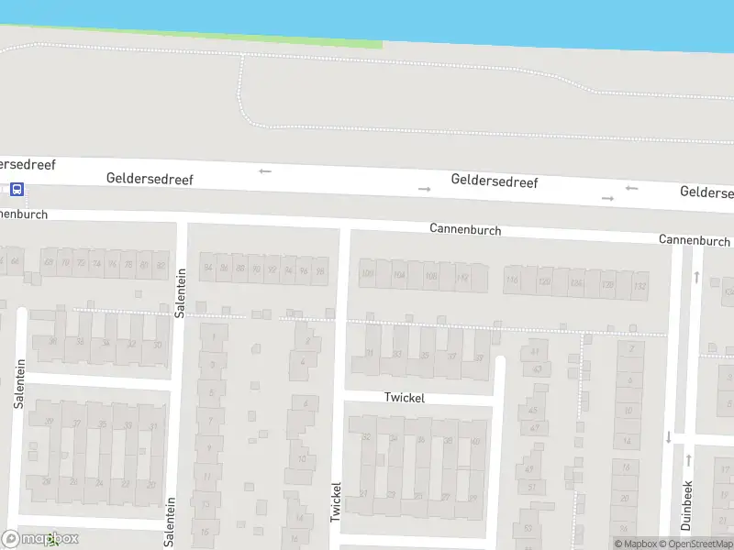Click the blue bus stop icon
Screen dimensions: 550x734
coord(17,190)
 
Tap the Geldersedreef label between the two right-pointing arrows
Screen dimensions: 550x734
coord(494,181)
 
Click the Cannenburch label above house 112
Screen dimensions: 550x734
coord(465,229)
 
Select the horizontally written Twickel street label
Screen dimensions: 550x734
coord(405,398)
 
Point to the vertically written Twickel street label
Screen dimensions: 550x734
coord(336,502)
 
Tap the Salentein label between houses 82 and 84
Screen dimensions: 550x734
coord(181,291)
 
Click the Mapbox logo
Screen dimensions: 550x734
coord(41,539)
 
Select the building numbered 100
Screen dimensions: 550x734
coord(368,273)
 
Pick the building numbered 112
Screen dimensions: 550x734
coord(462,277)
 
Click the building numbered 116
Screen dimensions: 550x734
coord(512,280)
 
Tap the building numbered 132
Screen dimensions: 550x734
coord(639,286)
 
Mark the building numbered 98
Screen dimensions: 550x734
coord(319,271)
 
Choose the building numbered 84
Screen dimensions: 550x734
coord(208,268)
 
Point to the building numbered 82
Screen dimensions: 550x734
coord(161,266)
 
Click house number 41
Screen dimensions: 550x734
coord(536,351)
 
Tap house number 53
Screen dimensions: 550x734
coord(527,528)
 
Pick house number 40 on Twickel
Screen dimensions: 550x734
coord(475,441)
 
